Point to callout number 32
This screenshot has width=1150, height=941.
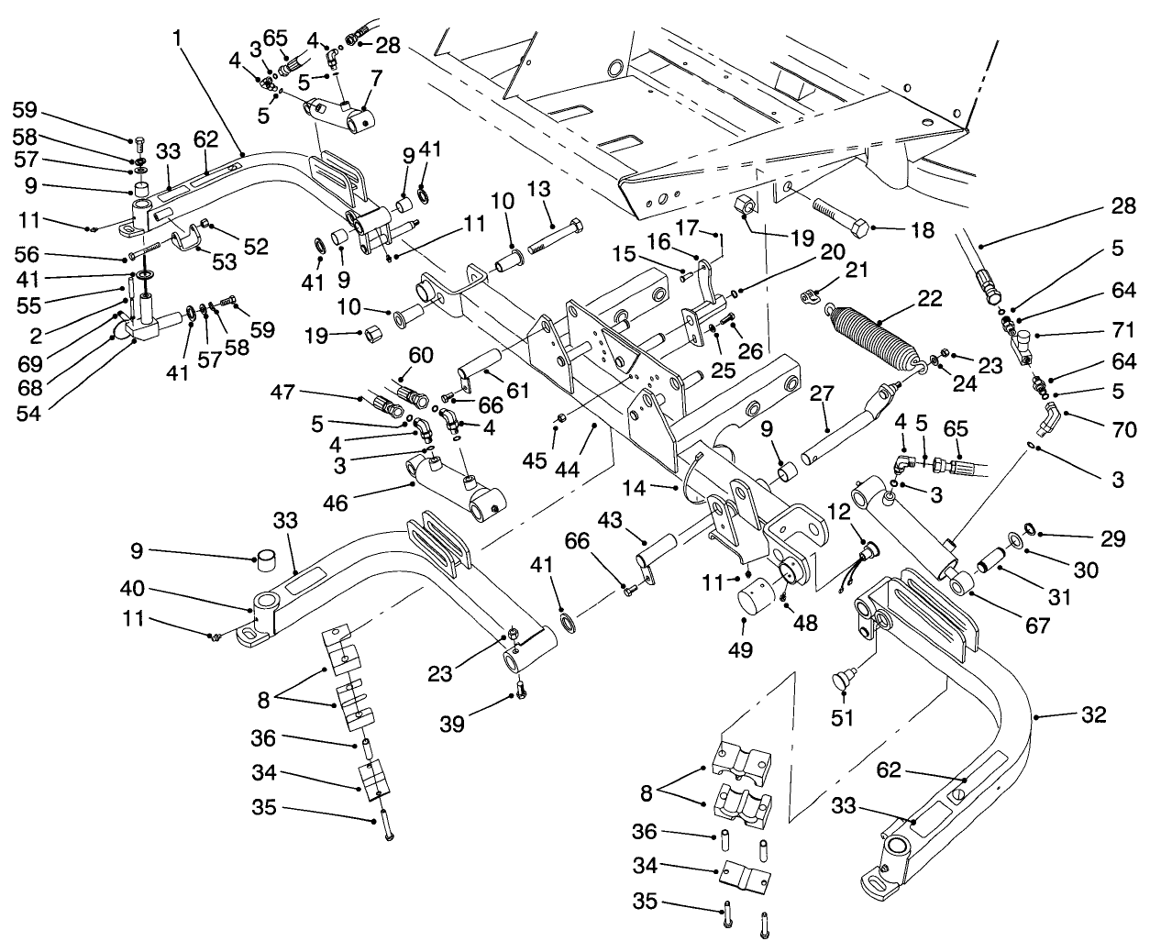point(1093,714)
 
